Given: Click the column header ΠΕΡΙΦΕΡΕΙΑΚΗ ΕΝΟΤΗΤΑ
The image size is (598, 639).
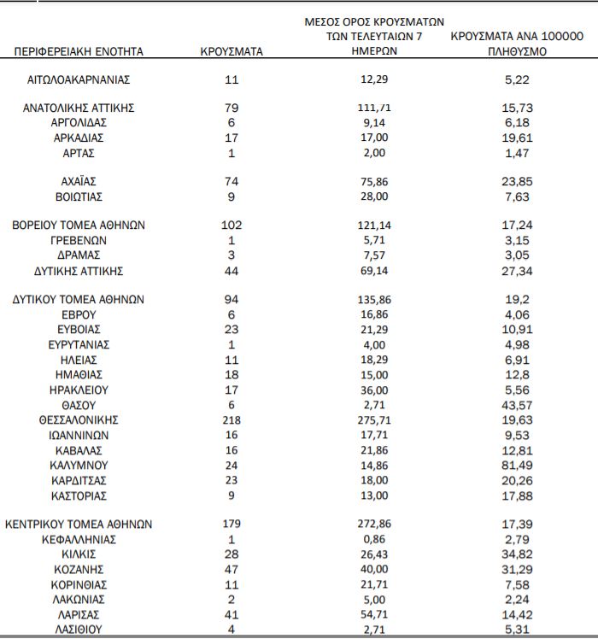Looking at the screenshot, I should coord(79,51).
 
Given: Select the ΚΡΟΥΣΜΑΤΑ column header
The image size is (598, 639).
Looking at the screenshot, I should coord(232,51).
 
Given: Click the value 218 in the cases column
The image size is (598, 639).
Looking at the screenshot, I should coord(232,420).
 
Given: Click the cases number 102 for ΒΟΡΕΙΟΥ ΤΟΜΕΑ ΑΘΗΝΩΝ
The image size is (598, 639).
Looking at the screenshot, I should coord(232,226).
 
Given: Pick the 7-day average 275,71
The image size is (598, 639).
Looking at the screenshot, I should coord(376,420).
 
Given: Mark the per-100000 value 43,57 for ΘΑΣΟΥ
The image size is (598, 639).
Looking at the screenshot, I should coord(517,405).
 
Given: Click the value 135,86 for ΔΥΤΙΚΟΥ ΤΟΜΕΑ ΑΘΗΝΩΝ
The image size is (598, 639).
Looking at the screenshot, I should coord(376,300).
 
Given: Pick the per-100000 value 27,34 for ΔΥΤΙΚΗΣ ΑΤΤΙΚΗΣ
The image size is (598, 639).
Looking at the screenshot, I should coord(517,271).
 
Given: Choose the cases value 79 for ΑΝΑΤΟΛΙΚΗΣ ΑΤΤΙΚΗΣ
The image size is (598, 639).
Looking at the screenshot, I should coord(232,108).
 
